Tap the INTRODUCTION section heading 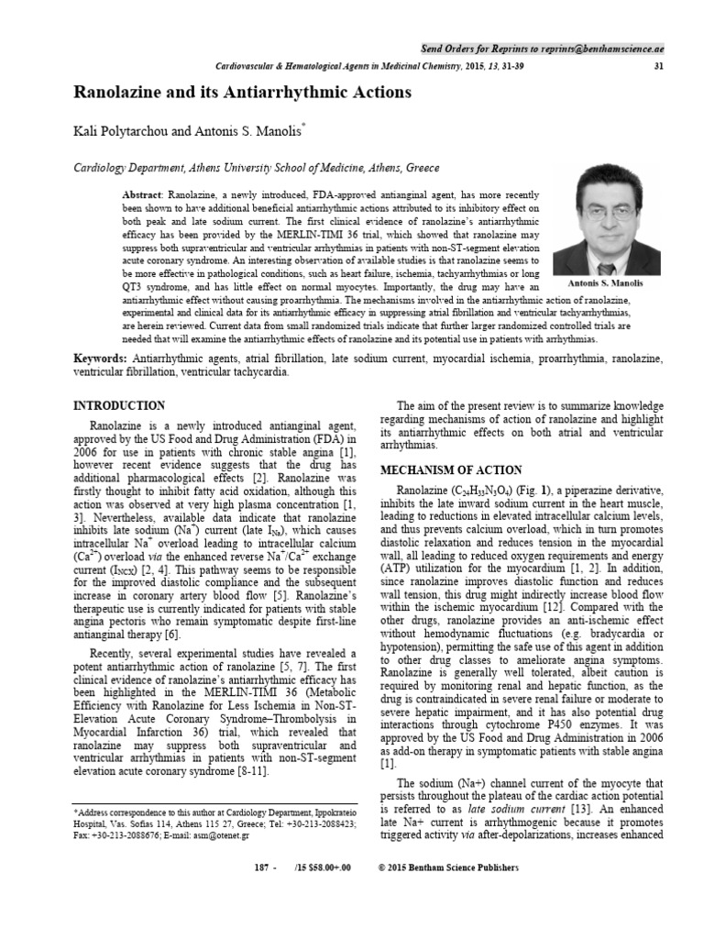(118, 406)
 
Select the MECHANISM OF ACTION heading (451, 470)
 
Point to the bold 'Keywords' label (100, 357)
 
